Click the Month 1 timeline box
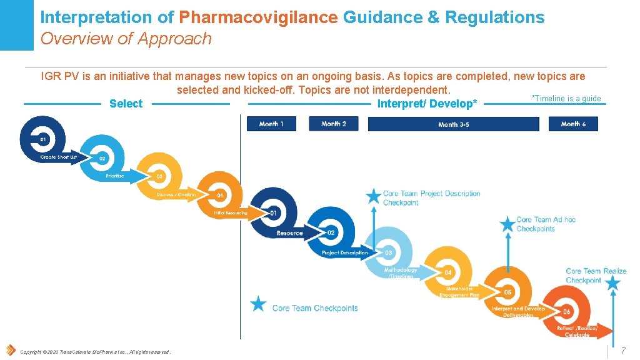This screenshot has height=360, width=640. coord(271,124)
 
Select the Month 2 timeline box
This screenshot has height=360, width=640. coord(333,124)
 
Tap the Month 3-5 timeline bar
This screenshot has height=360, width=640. coord(453,124)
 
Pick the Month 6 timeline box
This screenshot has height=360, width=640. coord(573,124)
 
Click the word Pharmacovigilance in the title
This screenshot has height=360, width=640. coord(258,17)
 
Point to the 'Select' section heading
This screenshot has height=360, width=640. coord(126,104)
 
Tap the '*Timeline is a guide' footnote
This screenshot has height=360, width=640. coord(566,98)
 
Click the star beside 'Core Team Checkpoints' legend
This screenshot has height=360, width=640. coord(258,304)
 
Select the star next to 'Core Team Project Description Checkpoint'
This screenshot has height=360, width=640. coord(374,196)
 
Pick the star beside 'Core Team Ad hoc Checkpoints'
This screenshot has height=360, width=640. coord(507,223)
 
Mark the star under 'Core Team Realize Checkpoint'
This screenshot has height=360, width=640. coord(612,283)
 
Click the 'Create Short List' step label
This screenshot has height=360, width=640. coord(59,157)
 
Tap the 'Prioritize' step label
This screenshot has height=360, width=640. coord(115,176)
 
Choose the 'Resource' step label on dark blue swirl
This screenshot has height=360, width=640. coord(289,233)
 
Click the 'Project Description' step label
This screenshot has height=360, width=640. coord(344,252)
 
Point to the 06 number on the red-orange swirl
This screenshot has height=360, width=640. coord(566,311)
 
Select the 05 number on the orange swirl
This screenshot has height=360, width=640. coord(507,292)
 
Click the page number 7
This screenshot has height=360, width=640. coord(622,351)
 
